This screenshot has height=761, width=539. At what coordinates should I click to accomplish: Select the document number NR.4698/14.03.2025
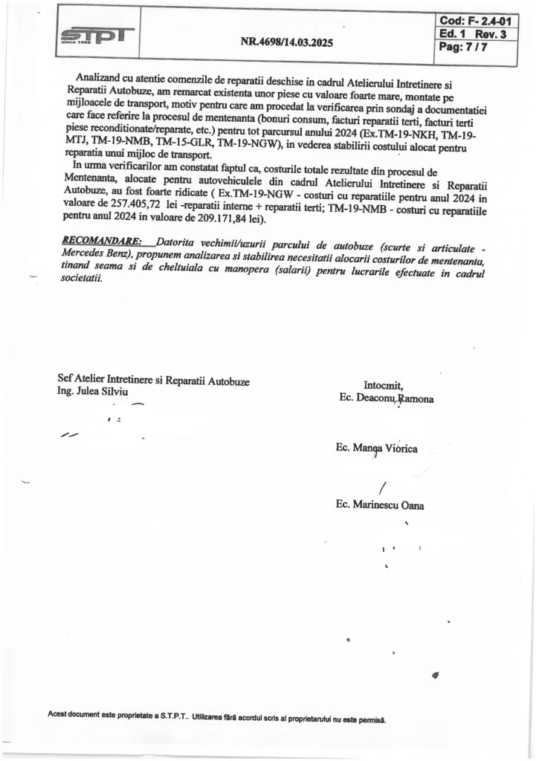287,42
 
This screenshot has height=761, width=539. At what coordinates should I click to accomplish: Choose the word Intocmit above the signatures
384,385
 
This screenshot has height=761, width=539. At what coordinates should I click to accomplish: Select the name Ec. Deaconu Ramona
386,398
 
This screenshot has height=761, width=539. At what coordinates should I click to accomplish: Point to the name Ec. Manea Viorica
377,449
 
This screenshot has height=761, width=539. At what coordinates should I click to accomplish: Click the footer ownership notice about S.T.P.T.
217,719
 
